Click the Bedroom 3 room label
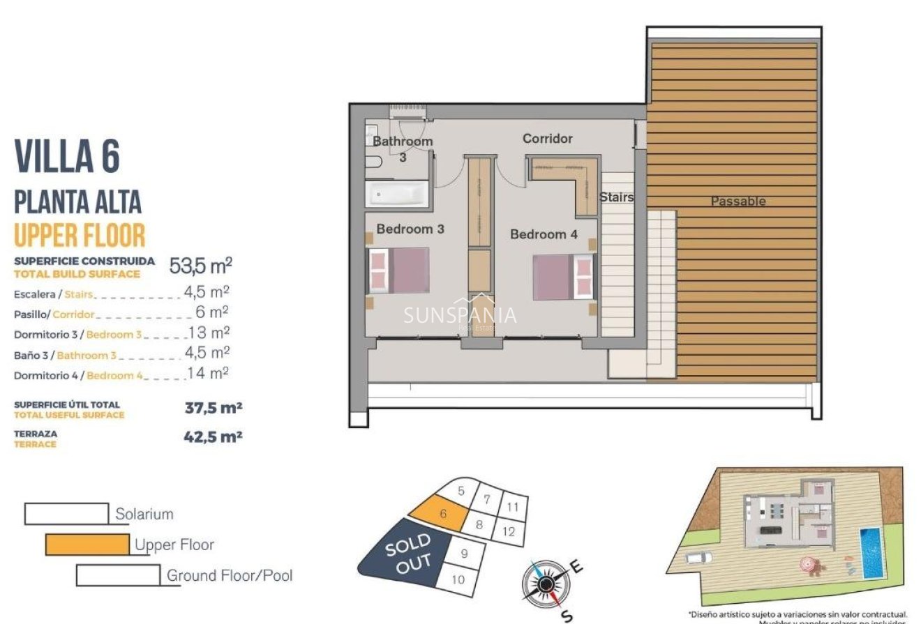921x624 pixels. (x=410, y=229)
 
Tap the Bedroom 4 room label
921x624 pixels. (x=544, y=234)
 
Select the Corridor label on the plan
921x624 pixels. (x=548, y=139)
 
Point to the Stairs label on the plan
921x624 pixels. (x=617, y=197)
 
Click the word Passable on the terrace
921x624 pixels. (x=738, y=201)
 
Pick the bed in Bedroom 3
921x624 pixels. (x=399, y=271)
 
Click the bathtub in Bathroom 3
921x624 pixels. (x=398, y=194)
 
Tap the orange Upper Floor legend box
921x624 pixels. (x=87, y=545)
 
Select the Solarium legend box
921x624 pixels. (x=66, y=514)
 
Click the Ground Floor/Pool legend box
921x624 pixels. (x=118, y=575)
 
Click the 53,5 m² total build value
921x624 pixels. (x=201, y=266)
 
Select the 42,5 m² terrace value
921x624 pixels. (x=214, y=437)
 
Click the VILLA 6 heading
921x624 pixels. (x=67, y=156)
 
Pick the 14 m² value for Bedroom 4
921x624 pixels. (x=208, y=374)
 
